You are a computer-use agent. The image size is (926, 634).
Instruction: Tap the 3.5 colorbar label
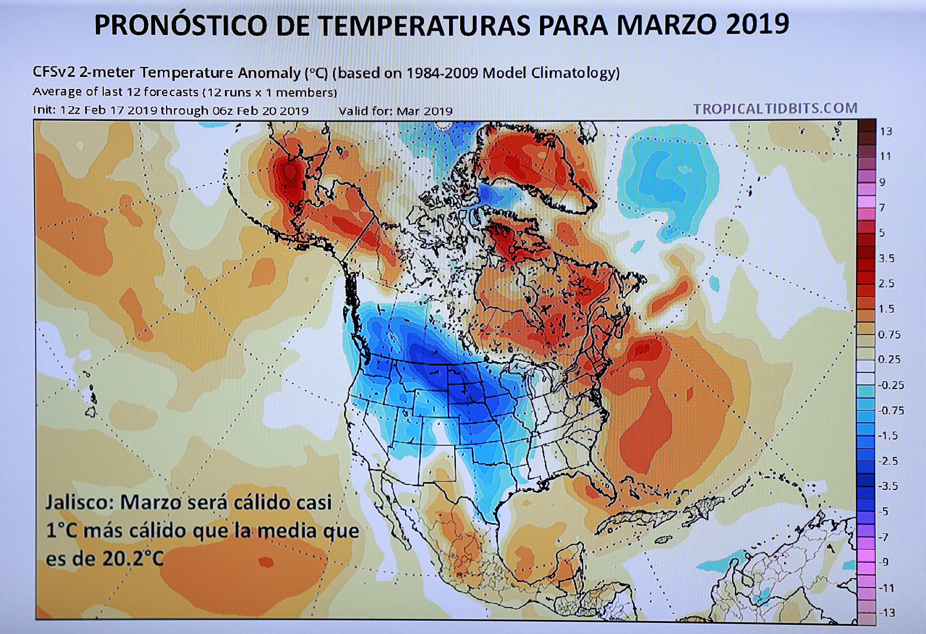coord(887,258)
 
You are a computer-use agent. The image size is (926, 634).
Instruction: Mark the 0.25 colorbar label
coord(889,359)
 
